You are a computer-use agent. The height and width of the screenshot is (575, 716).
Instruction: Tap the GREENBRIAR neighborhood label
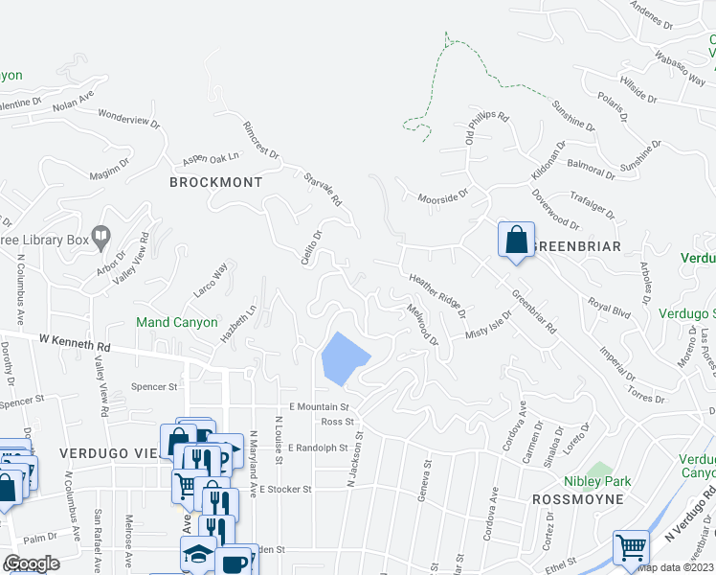tap(576, 246)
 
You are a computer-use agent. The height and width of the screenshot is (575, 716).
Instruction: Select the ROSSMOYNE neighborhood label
tap(577, 499)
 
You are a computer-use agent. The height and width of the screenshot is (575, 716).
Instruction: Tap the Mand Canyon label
tap(176, 322)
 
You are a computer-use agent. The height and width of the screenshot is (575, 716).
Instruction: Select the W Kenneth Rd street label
tap(75, 342)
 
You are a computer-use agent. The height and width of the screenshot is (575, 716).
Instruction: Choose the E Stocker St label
tap(282, 489)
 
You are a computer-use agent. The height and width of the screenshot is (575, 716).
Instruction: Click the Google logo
tap(31, 563)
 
